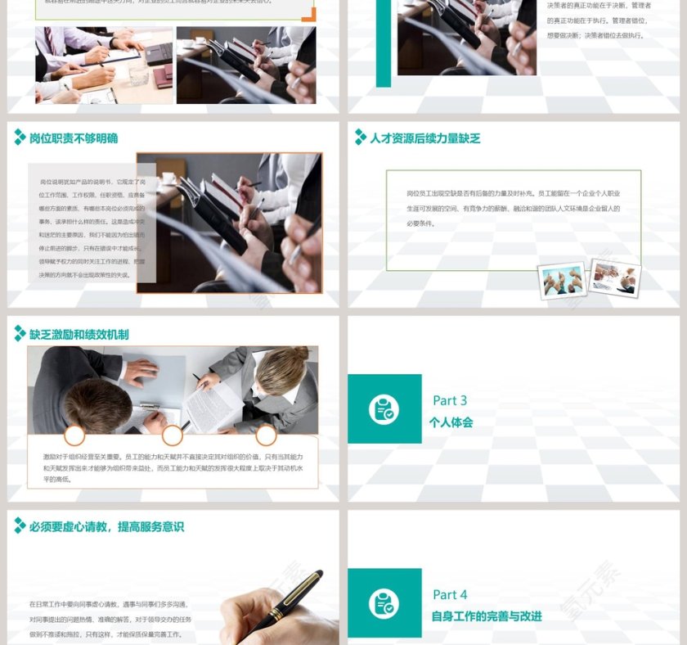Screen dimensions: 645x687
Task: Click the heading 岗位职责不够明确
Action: (x=74, y=138)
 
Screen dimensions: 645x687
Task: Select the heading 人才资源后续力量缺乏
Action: (x=424, y=138)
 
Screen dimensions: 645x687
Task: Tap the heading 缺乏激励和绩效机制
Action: (x=79, y=334)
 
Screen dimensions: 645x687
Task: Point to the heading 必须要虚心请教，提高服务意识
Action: (x=106, y=527)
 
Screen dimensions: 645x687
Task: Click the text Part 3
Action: (x=450, y=400)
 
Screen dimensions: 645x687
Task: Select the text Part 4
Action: (x=450, y=594)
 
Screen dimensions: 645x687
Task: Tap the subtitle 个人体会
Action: (x=451, y=423)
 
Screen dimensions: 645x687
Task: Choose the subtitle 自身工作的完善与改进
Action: (x=487, y=616)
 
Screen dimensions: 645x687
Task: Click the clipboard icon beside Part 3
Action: (x=384, y=409)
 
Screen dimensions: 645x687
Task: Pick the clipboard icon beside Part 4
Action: (x=384, y=603)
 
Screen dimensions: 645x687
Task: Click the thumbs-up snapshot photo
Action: (x=563, y=281)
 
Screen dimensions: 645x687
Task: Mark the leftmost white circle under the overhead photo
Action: (x=74, y=435)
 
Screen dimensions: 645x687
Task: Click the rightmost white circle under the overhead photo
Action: (x=266, y=435)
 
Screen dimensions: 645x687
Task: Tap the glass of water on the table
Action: (x=138, y=74)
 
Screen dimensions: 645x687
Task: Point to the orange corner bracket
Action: (x=308, y=14)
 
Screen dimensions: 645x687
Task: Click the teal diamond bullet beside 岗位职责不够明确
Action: (x=20, y=138)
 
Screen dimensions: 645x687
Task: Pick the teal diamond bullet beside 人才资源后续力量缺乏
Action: (x=360, y=138)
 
